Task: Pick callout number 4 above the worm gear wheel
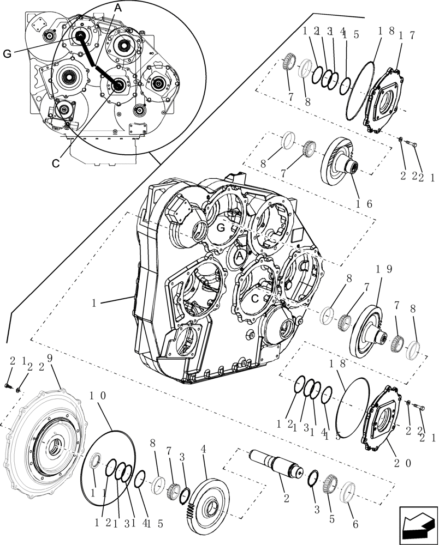click(204, 450)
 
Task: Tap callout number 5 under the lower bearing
click(331, 519)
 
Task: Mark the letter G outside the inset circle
click(7, 53)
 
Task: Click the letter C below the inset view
click(56, 162)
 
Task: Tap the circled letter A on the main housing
click(239, 256)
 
